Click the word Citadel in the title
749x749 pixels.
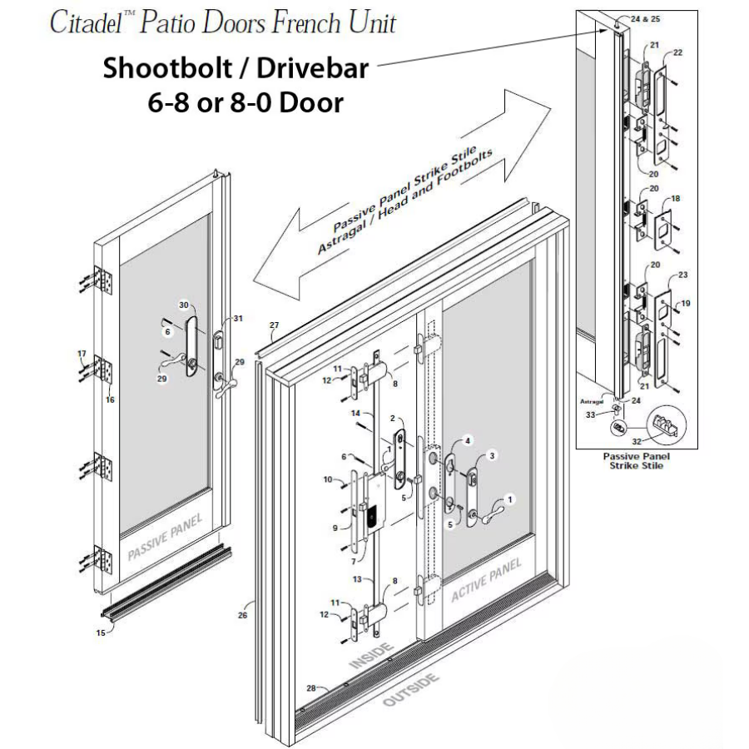point(86,22)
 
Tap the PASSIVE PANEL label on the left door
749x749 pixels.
point(166,537)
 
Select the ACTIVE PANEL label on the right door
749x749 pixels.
point(486,580)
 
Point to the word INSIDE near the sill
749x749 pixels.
point(372,656)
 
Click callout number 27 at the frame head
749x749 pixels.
point(274,325)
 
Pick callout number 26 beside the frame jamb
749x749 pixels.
point(243,615)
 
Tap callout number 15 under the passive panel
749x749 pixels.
point(101,633)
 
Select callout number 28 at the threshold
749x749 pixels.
point(311,688)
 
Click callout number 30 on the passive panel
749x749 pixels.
point(184,305)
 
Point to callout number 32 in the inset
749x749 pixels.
point(636,442)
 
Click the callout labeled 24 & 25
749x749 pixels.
point(645,19)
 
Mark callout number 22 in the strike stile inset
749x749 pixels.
point(677,52)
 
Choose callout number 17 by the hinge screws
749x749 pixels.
point(82,354)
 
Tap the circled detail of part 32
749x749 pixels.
point(666,424)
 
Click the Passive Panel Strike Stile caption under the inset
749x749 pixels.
point(637,461)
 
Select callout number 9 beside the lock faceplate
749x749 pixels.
point(335,528)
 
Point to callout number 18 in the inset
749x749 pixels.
point(676,199)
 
